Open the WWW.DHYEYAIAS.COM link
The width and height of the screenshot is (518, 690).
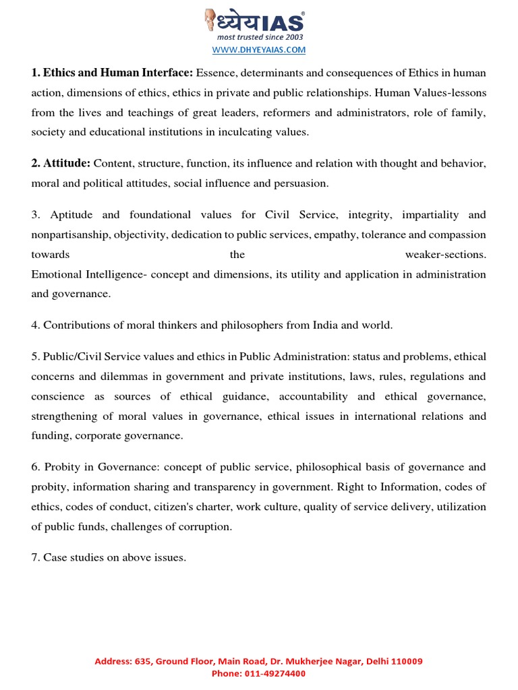pyautogui.click(x=259, y=50)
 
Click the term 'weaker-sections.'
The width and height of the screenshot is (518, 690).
pyautogui.click(x=445, y=255)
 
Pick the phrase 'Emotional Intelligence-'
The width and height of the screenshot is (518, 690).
pyautogui.click(x=86, y=274)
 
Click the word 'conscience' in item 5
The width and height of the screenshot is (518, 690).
pyautogui.click(x=58, y=396)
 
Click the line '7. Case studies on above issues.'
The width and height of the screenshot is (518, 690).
pyautogui.click(x=109, y=558)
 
